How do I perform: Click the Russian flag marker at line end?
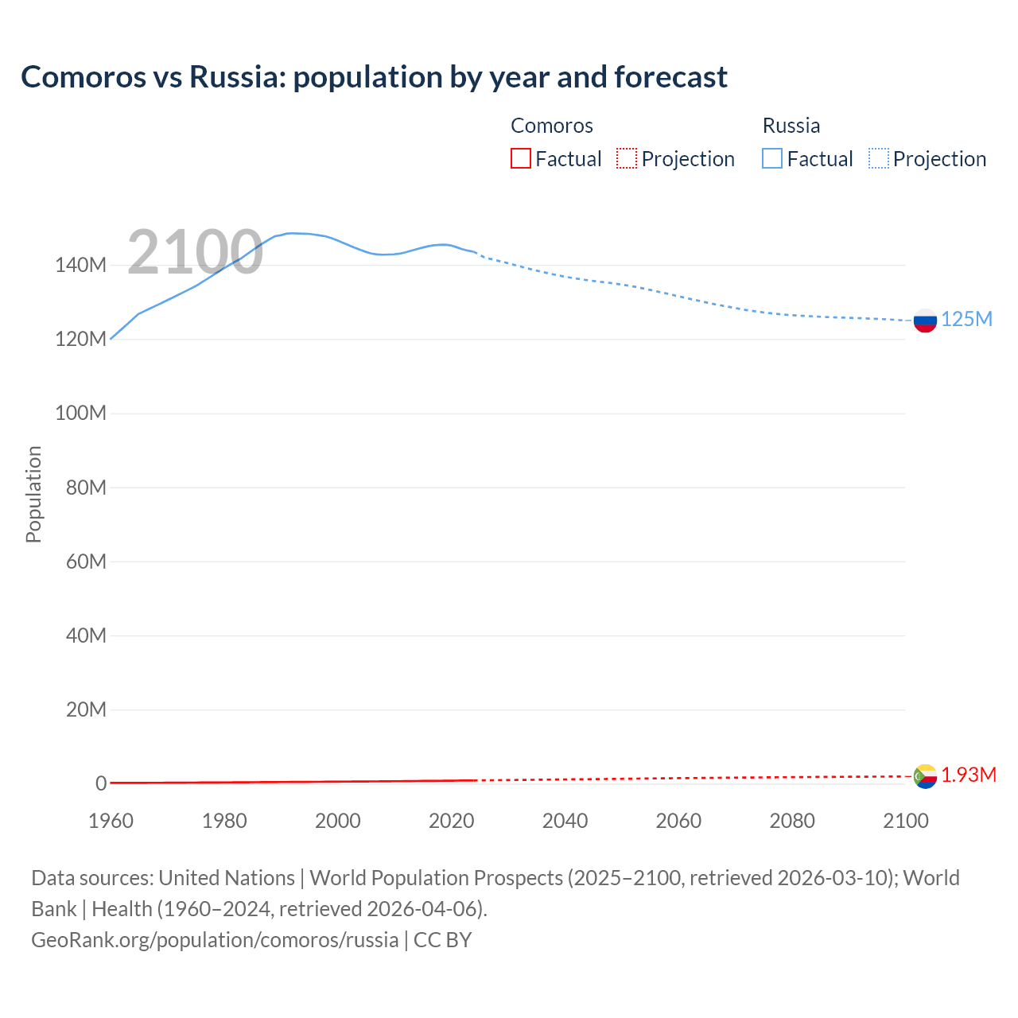pyautogui.click(x=925, y=321)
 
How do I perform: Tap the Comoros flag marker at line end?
pyautogui.click(x=925, y=776)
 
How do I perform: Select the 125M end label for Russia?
pyautogui.click(x=966, y=320)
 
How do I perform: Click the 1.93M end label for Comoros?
pyautogui.click(x=968, y=775)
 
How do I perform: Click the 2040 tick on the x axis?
pyautogui.click(x=565, y=821)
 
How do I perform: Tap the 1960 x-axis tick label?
pyautogui.click(x=111, y=821)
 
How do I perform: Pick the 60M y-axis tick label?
pyautogui.click(x=86, y=561)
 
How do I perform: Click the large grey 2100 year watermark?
pyautogui.click(x=195, y=252)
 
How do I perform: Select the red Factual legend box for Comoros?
pyautogui.click(x=521, y=158)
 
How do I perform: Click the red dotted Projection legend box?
pyautogui.click(x=627, y=158)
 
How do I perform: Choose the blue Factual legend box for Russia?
pyautogui.click(x=772, y=158)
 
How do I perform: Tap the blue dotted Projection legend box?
pyautogui.click(x=879, y=158)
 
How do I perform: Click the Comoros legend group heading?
pyautogui.click(x=552, y=126)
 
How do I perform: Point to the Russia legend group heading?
pyautogui.click(x=791, y=126)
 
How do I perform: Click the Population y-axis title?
pyautogui.click(x=33, y=494)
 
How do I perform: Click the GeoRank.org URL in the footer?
pyautogui.click(x=215, y=940)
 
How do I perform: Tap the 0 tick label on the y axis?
pyautogui.click(x=101, y=783)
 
